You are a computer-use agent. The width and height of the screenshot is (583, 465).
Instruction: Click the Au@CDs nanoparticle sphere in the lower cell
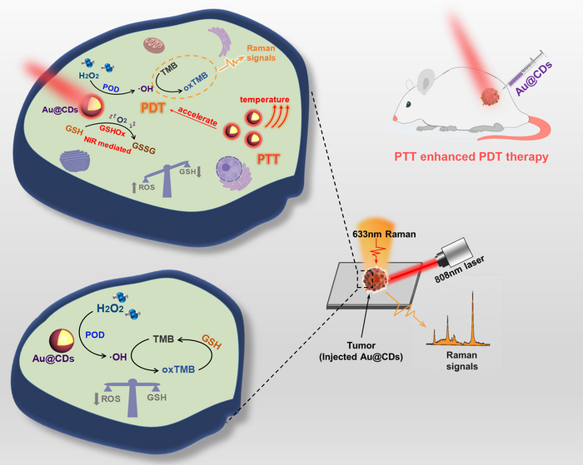[x=61, y=338]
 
